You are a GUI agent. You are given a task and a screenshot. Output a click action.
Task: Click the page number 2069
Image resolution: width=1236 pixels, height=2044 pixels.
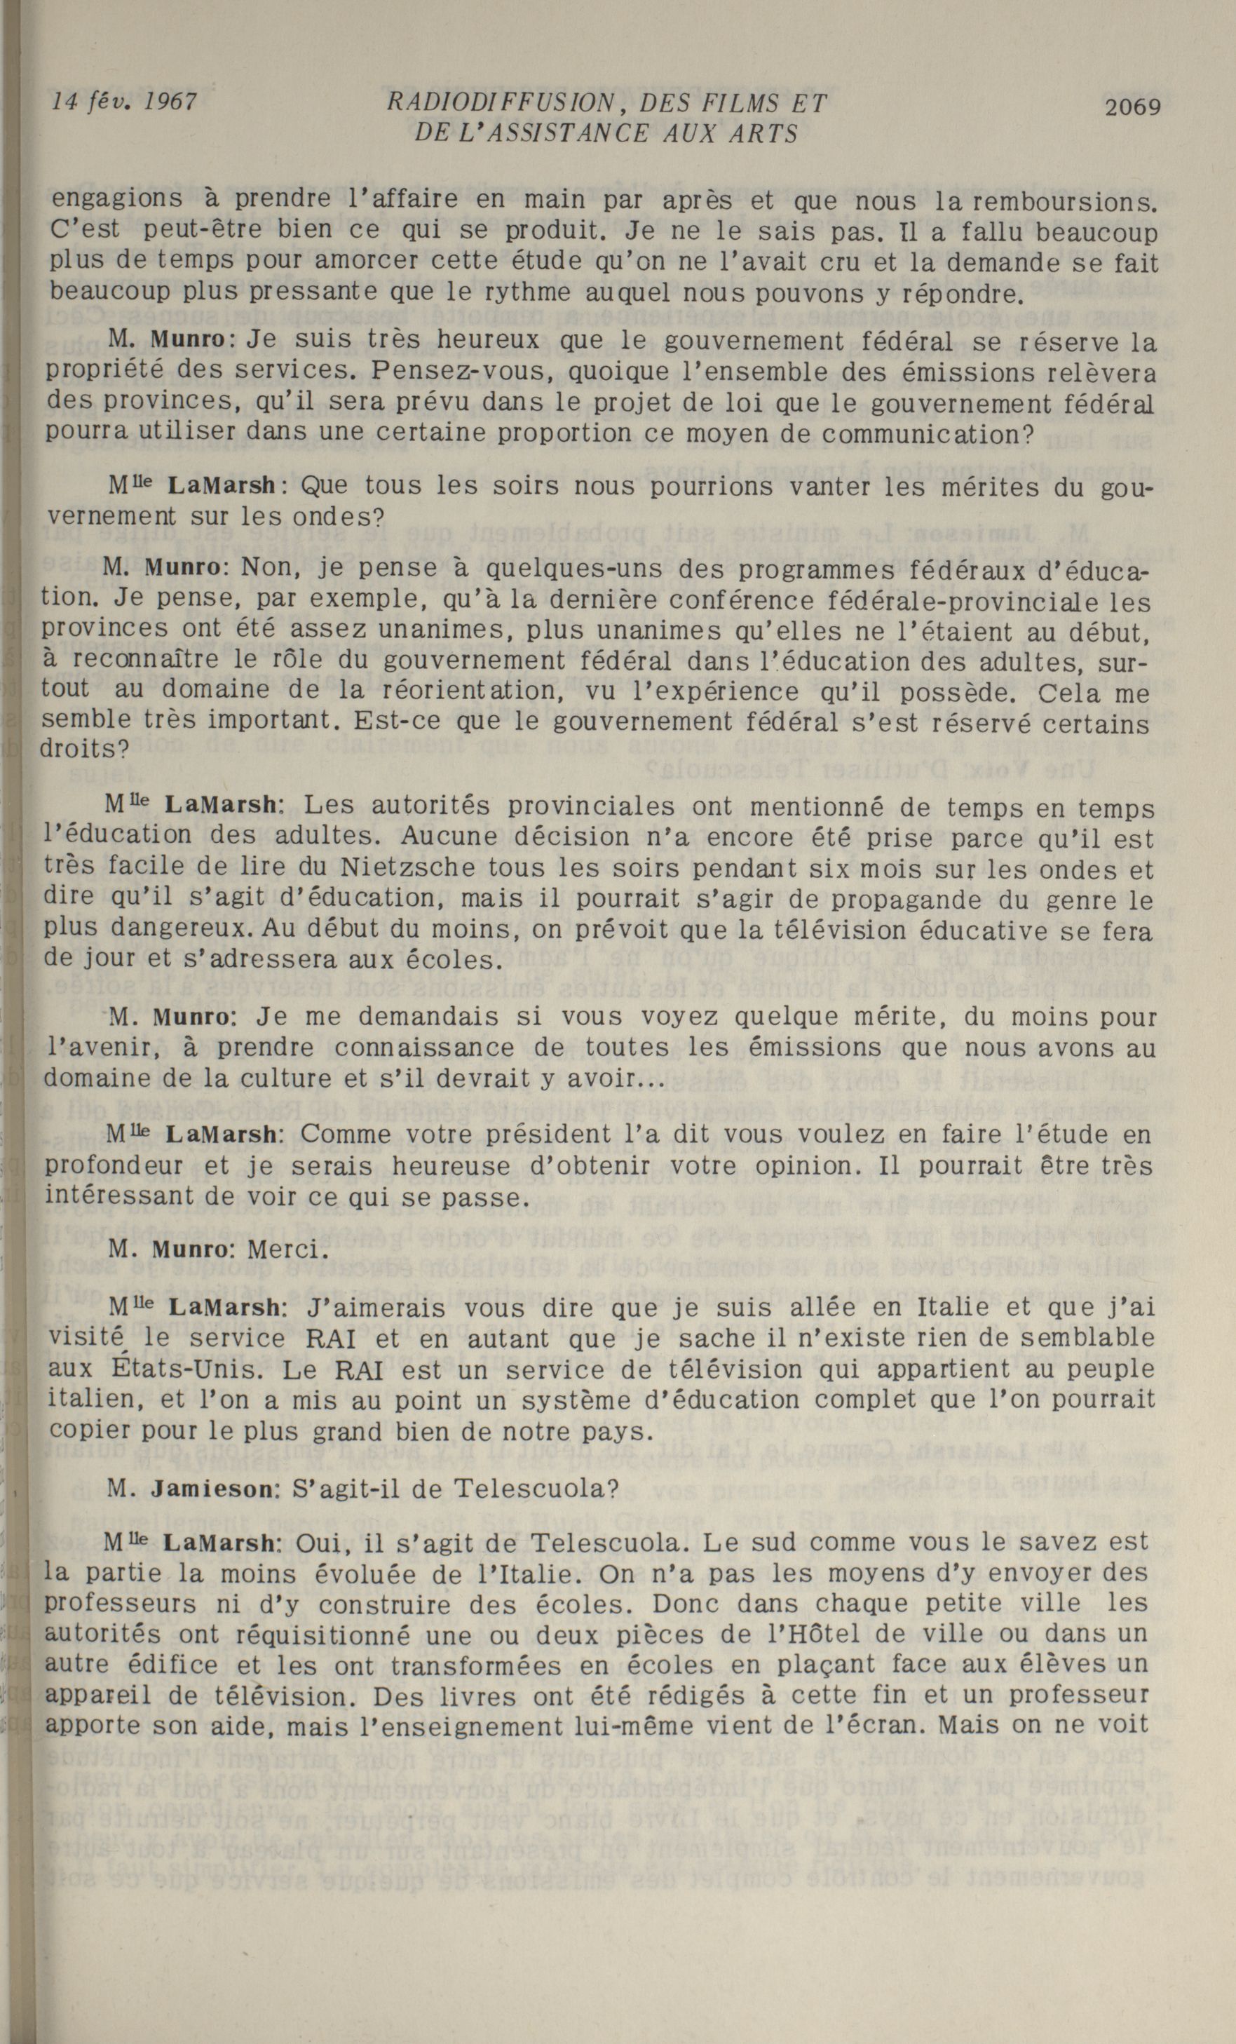(x=1132, y=106)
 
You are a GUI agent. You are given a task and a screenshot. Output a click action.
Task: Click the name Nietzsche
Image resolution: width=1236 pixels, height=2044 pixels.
(x=408, y=869)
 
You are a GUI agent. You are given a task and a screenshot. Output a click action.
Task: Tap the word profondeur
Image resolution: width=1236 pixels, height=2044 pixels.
(x=113, y=1166)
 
